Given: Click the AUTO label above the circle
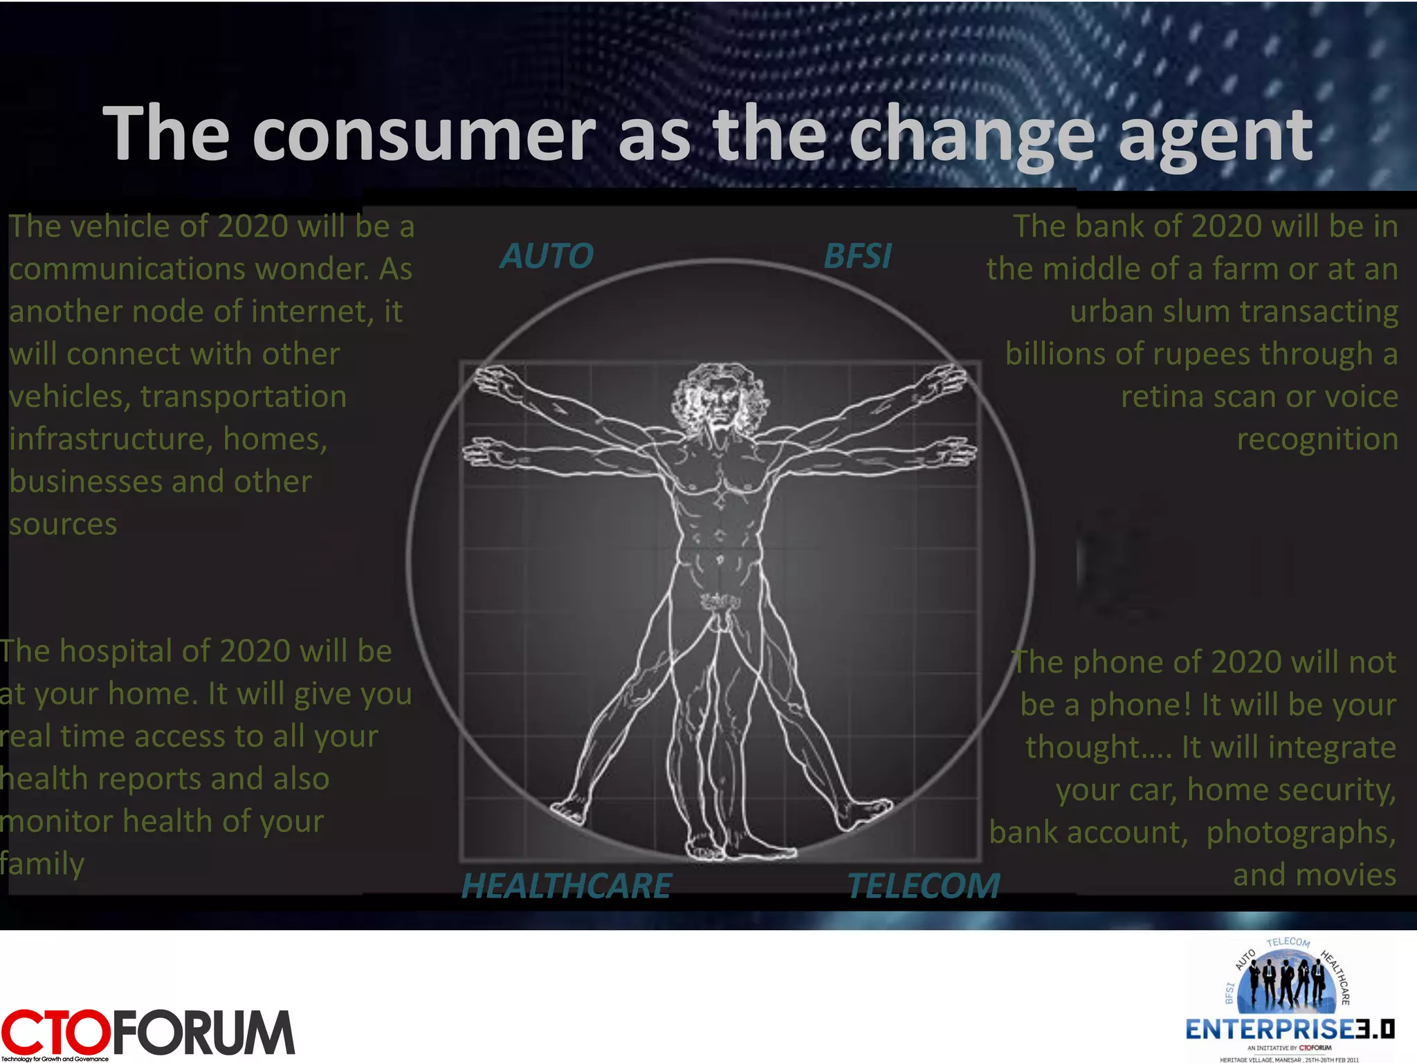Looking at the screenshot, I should (x=547, y=256).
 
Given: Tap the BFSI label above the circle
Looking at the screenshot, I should (x=857, y=256).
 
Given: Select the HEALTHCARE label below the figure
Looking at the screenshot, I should (x=566, y=886).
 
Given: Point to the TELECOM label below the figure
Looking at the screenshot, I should (x=924, y=886).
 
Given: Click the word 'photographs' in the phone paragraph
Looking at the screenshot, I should (x=1301, y=833).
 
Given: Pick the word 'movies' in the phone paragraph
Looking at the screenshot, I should (x=1349, y=875).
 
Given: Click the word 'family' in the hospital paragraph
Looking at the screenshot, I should (x=42, y=864).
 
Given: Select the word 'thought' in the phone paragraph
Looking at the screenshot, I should (x=1082, y=747).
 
